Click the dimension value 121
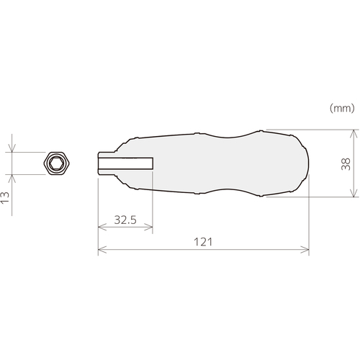point(203,242)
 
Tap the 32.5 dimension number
point(125,220)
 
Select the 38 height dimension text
point(346,164)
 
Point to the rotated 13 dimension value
point(5,198)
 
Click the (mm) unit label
point(342,108)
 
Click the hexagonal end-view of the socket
point(57,163)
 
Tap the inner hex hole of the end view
point(57,163)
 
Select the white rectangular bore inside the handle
point(125,163)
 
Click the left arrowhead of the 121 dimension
point(102,250)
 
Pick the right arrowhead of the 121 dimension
point(305,250)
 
